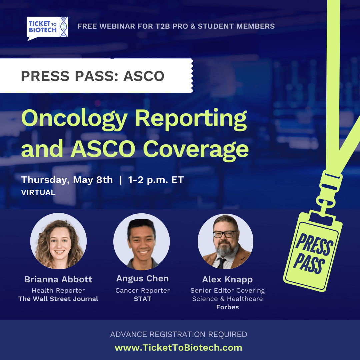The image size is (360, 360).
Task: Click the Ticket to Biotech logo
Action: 47,28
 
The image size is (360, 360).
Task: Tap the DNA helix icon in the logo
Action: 64,27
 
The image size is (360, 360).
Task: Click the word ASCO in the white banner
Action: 144,76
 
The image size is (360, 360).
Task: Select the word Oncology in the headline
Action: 74,119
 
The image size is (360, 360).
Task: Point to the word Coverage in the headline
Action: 196,150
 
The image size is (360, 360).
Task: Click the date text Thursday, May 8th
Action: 67,180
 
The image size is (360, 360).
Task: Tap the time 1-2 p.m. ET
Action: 156,180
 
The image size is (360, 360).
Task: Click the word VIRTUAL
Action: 38,192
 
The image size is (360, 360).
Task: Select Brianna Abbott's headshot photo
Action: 59,241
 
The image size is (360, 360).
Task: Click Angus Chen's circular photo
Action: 142,242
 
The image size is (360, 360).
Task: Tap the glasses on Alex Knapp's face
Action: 225,234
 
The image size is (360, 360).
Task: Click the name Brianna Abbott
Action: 58,279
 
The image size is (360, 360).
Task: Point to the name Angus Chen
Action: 142,278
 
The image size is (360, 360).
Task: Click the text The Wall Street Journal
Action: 58,299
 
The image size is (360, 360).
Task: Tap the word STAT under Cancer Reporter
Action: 142,299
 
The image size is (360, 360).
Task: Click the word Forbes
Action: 228,307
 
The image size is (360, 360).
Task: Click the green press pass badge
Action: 313,251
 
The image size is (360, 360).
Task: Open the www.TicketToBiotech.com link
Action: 178,348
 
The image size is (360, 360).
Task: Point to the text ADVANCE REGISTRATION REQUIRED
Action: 179,334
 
